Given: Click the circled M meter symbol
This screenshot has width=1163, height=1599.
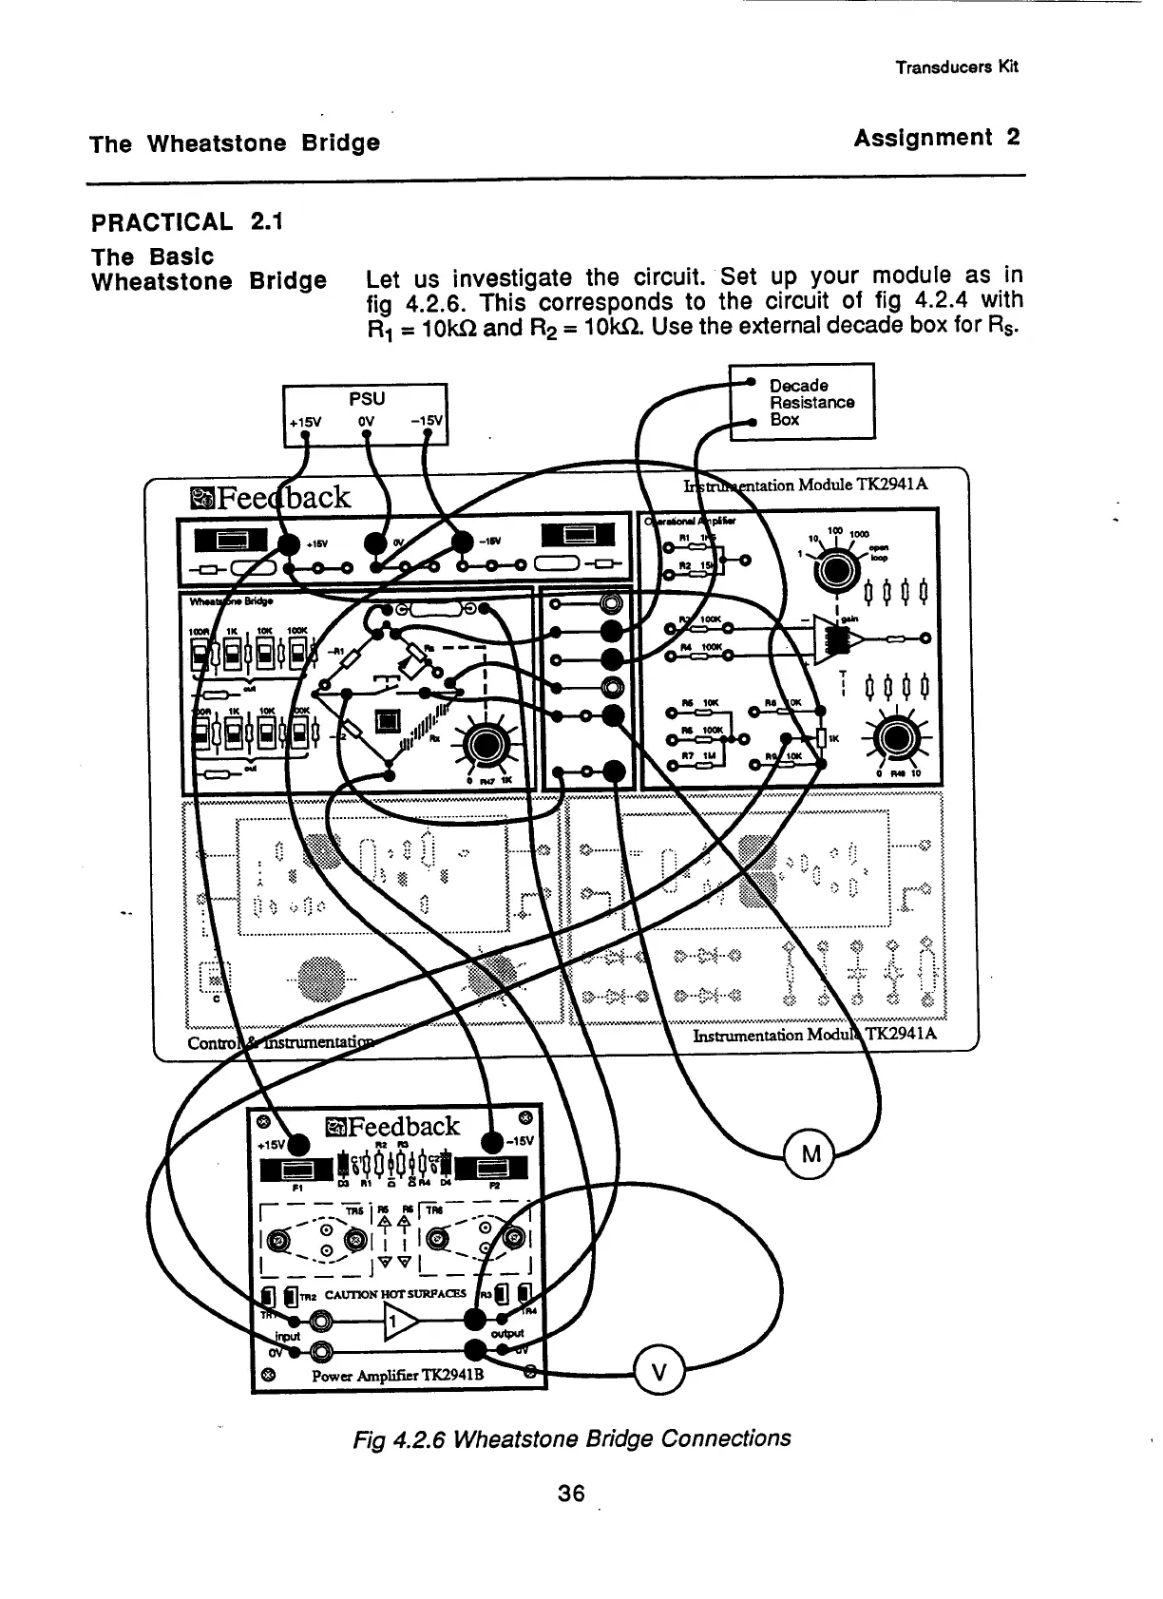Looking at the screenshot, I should click(x=810, y=1155).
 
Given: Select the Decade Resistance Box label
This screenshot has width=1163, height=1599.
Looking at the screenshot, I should click(x=810, y=402).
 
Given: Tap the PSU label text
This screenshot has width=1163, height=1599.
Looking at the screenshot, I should click(x=366, y=398).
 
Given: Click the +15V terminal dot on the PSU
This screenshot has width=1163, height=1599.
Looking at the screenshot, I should click(x=305, y=437).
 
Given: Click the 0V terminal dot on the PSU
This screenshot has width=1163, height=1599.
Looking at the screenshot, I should click(x=367, y=437).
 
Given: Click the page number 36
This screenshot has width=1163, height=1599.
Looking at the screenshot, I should click(x=571, y=1493).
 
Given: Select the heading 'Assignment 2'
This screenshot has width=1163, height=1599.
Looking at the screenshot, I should click(x=936, y=138).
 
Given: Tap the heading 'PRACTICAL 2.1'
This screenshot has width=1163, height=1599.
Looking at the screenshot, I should click(x=186, y=222).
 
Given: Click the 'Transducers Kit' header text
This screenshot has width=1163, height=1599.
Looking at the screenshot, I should click(x=957, y=67).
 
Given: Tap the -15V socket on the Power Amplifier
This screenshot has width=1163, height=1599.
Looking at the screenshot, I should click(x=493, y=1141).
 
